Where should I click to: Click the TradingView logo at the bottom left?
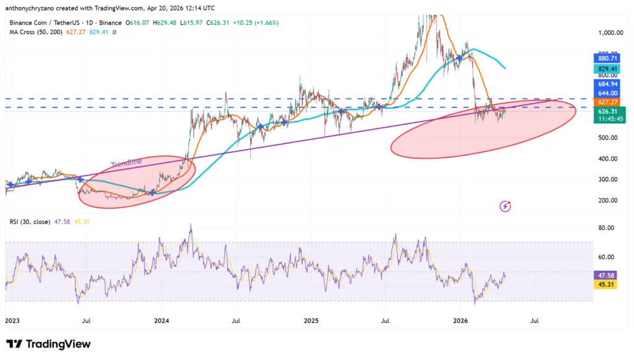click(x=48, y=344)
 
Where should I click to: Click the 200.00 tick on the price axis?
click(x=610, y=200)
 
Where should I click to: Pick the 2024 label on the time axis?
click(x=162, y=321)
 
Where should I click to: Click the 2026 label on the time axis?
click(x=461, y=321)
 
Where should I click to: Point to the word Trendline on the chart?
click(x=126, y=162)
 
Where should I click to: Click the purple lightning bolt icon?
click(x=506, y=206)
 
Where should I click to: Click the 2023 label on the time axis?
click(x=13, y=321)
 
